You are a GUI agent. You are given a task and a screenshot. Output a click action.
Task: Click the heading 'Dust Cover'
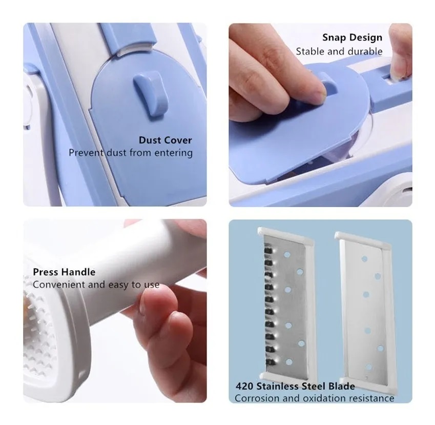165,140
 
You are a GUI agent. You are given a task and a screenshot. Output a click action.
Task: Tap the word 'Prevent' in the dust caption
86,153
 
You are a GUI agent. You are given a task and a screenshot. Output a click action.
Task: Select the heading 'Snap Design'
353,38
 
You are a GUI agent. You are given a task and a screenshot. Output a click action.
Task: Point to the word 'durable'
365,51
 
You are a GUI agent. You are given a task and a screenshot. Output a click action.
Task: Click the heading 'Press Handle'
64,272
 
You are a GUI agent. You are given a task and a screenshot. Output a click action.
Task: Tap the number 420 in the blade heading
244,386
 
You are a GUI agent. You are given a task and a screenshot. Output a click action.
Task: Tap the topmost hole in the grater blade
287,254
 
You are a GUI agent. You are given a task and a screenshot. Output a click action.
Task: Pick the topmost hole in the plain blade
364,259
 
